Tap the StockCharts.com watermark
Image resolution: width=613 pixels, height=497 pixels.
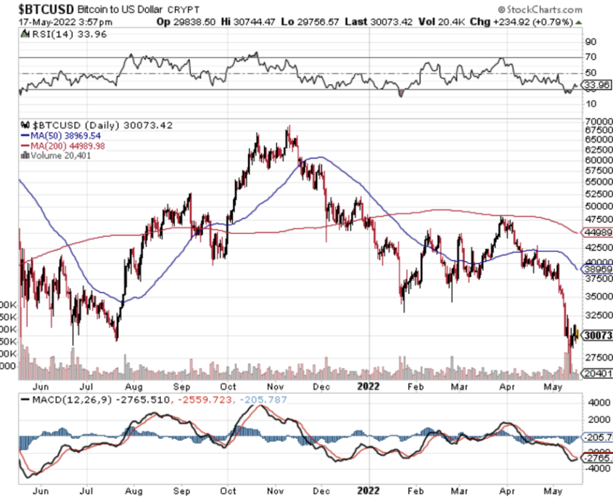point(541,9)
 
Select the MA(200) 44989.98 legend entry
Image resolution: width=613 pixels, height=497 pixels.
point(67,145)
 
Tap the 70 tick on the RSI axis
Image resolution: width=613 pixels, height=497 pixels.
point(591,57)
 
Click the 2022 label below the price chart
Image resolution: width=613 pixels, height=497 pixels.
point(368,388)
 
